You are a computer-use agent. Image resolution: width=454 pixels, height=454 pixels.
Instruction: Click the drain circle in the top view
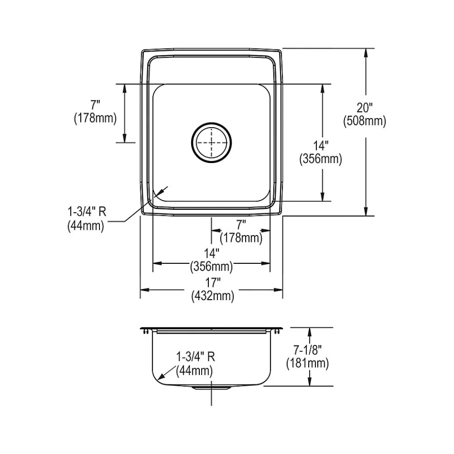[212, 143]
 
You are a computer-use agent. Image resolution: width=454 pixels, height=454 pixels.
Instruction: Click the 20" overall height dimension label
[364, 108]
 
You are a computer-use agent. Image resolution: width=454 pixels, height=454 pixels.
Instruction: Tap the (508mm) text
[365, 121]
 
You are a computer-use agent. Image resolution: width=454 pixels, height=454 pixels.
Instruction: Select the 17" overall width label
[213, 282]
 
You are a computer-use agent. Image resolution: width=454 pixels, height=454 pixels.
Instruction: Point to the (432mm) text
[212, 296]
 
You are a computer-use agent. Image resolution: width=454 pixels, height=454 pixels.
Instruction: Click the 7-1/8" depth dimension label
[307, 350]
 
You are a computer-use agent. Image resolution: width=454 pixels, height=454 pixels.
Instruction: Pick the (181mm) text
[307, 363]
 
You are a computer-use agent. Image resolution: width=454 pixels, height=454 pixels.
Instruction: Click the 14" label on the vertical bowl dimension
[321, 146]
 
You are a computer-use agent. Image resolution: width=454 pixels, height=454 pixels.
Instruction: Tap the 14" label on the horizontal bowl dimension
[212, 253]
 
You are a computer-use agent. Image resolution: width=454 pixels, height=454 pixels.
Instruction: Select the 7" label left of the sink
[95, 105]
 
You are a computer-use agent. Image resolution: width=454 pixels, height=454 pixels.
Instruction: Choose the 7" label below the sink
[241, 225]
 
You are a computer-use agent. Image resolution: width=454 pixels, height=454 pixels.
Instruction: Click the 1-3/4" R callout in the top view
[87, 212]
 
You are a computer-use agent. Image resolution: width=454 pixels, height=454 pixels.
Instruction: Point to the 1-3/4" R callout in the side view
[196, 357]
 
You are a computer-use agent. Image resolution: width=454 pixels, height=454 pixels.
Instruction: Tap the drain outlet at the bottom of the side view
[212, 387]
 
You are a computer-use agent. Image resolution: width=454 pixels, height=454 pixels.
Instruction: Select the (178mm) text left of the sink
[95, 118]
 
